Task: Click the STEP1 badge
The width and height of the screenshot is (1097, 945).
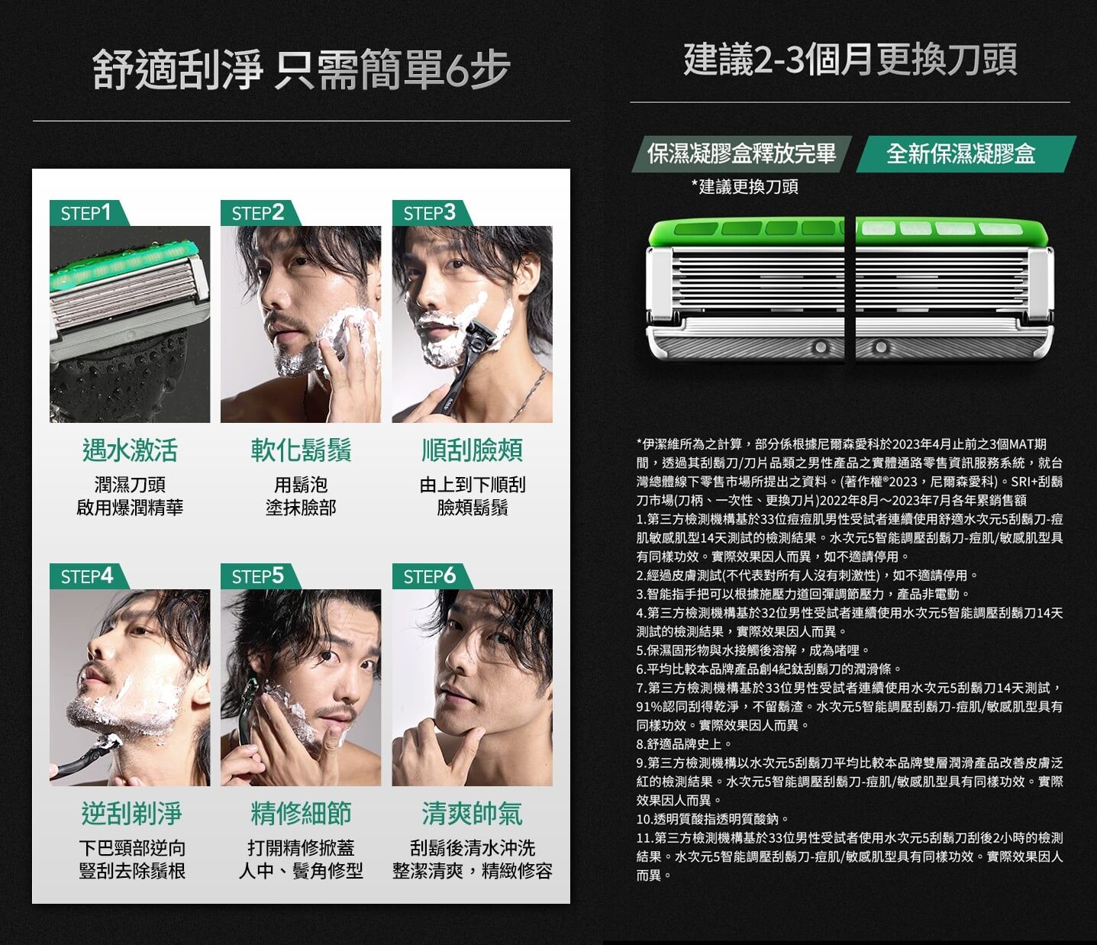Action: tap(88, 213)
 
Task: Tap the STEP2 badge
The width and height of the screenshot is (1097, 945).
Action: tap(259, 213)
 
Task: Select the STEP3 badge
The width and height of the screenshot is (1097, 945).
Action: tap(431, 213)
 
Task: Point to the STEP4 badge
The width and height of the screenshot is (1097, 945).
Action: tap(88, 576)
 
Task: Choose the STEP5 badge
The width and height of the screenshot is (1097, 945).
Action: tap(259, 576)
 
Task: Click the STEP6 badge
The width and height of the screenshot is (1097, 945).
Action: tap(431, 576)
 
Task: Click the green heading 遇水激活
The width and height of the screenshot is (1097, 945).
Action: tap(130, 450)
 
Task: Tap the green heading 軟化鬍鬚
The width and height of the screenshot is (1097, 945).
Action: tap(301, 450)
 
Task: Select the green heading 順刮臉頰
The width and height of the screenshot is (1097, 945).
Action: tap(473, 450)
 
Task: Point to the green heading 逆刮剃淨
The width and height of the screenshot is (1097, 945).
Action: tap(131, 814)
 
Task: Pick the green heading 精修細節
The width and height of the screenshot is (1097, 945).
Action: tap(301, 814)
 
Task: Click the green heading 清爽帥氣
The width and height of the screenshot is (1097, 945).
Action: tap(473, 814)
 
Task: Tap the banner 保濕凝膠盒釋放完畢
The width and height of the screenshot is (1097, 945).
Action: tap(741, 154)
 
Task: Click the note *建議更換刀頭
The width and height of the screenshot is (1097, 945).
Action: tap(744, 186)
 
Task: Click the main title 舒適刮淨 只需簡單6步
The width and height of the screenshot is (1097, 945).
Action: tap(301, 69)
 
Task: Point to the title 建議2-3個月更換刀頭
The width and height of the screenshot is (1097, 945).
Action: tap(850, 60)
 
